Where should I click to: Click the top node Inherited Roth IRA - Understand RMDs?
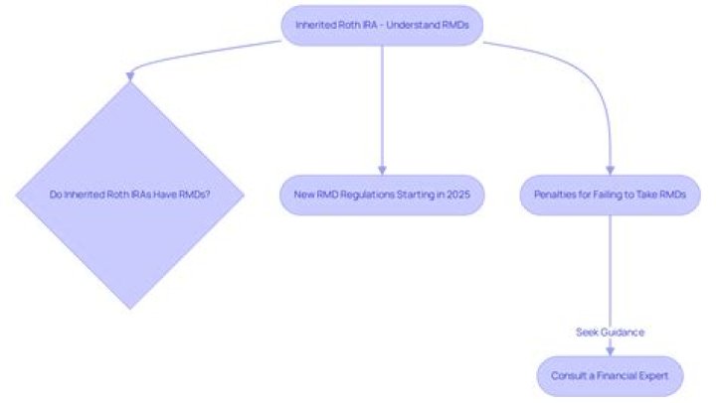382,24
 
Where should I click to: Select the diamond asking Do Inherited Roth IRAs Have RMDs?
130,195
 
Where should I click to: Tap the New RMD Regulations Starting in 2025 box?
382,195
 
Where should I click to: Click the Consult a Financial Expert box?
610,376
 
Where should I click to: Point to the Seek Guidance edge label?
610,332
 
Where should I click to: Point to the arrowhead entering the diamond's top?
130,75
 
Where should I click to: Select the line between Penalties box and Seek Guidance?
610,268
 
